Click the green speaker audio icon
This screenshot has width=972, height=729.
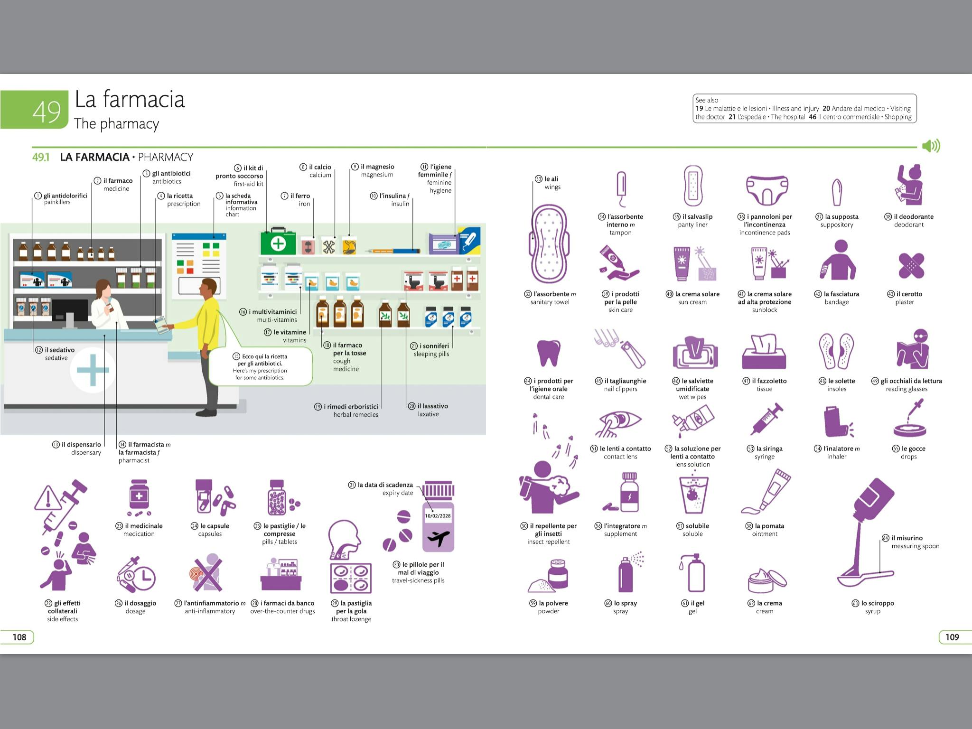pyautogui.click(x=931, y=146)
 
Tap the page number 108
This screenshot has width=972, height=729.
pyautogui.click(x=19, y=637)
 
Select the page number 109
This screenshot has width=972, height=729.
pyautogui.click(x=952, y=637)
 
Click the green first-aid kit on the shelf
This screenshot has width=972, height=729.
pyautogui.click(x=278, y=243)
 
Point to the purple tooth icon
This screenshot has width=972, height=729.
pyautogui.click(x=548, y=353)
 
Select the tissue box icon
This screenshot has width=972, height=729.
pyautogui.click(x=764, y=352)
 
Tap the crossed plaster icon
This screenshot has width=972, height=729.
pyautogui.click(x=911, y=266)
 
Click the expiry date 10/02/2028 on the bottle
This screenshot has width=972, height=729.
pyautogui.click(x=438, y=516)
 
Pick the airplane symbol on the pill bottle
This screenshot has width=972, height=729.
pyautogui.click(x=438, y=538)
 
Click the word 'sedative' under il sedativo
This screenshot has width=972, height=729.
pyautogui.click(x=56, y=358)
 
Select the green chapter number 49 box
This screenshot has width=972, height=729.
pyautogui.click(x=35, y=110)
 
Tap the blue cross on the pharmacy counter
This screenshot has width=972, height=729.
pyautogui.click(x=93, y=370)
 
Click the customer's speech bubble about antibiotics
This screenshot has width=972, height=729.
pyautogui.click(x=260, y=366)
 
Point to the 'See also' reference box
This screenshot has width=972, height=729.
pyautogui.click(x=804, y=109)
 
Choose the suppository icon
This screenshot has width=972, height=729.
pyautogui.click(x=837, y=192)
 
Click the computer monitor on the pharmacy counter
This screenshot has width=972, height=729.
pyautogui.click(x=70, y=311)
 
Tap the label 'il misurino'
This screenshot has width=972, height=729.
pyautogui.click(x=907, y=538)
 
